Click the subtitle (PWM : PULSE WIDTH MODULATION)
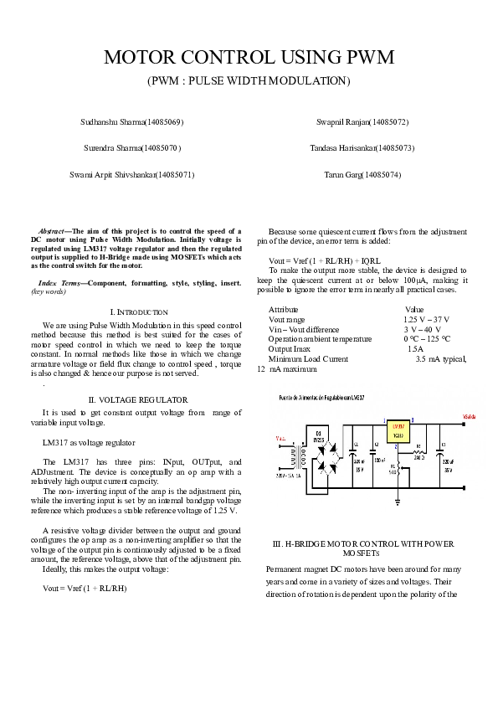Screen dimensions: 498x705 click(249, 81)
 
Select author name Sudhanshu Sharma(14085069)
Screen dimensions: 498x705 click(131, 122)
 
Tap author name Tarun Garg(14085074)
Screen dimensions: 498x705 click(362, 175)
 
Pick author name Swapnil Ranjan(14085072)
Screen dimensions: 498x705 click(362, 122)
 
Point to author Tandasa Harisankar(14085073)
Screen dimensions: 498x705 click(362, 148)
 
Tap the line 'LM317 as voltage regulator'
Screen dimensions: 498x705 click(88, 441)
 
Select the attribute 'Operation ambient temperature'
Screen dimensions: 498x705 click(320, 339)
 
